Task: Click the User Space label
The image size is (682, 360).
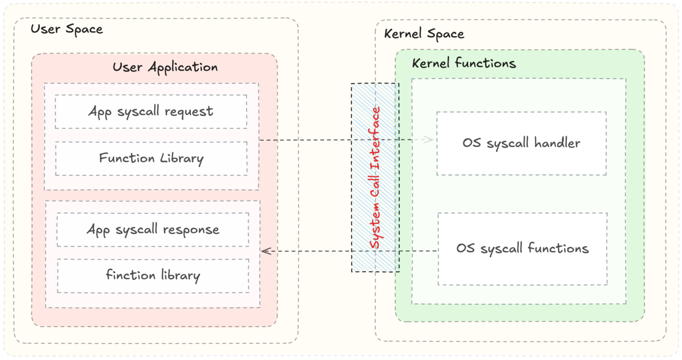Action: [x=67, y=29]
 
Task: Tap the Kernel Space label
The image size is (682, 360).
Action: [x=424, y=34]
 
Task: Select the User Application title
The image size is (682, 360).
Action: [x=165, y=67]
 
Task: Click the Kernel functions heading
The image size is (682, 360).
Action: [x=463, y=64]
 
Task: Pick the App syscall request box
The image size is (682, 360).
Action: [x=150, y=112]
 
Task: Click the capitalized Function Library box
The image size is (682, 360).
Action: [x=151, y=158]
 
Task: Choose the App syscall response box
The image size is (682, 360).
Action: [x=152, y=229]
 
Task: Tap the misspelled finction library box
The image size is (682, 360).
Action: [x=152, y=275]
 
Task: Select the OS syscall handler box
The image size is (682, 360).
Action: [x=521, y=143]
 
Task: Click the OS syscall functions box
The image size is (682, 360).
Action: [x=522, y=248]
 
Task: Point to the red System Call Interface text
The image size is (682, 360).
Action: [x=376, y=177]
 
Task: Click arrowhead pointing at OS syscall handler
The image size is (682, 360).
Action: [x=428, y=139]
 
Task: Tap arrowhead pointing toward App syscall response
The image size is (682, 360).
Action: [x=266, y=252]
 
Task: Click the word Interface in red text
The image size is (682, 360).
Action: [x=376, y=132]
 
